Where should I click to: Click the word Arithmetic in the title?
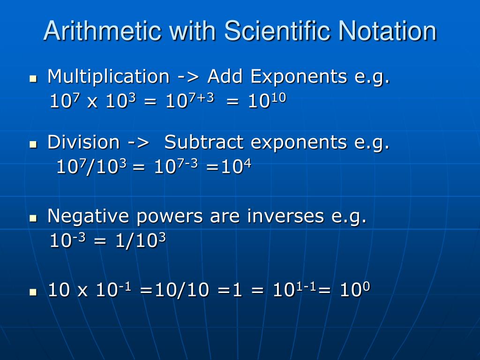(x=103, y=31)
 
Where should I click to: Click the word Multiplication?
(x=108, y=76)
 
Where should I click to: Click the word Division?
(x=83, y=142)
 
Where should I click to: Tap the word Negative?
(x=88, y=217)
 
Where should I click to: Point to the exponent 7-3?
(x=188, y=163)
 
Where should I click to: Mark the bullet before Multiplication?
(x=33, y=79)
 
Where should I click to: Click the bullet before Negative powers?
(x=33, y=219)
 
